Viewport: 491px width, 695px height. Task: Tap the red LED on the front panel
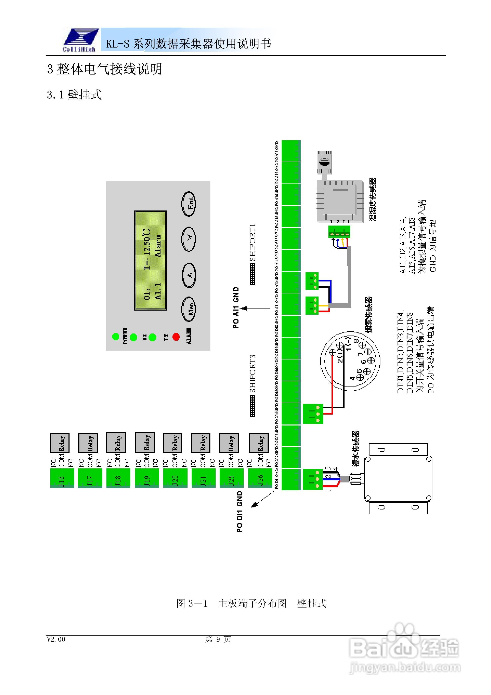176,337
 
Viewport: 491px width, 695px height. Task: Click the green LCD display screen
150,260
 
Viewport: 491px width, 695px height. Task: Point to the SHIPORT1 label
253,242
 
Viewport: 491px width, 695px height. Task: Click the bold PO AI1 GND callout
236,308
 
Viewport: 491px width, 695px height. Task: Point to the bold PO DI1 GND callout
240,512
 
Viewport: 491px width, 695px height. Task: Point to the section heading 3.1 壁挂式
74,95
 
